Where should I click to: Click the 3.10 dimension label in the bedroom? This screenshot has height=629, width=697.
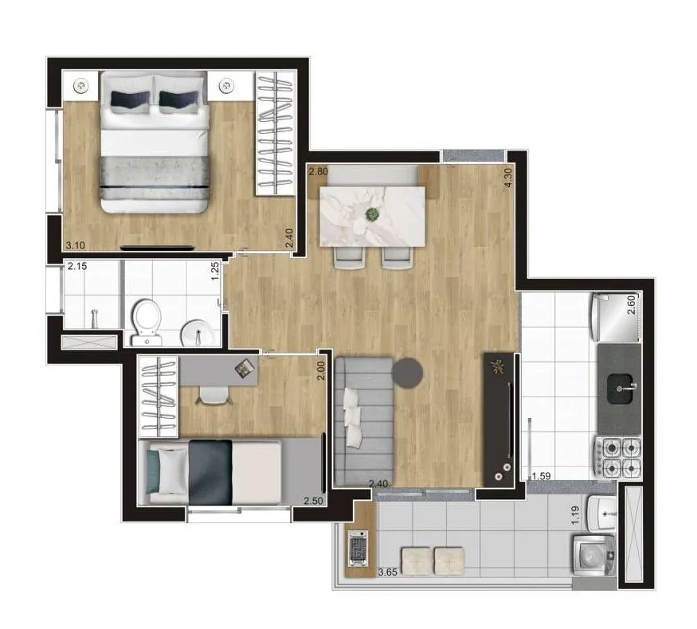tap(75, 244)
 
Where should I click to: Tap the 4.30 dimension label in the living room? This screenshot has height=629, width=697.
tap(508, 178)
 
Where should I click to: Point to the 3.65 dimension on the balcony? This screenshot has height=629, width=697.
tap(387, 572)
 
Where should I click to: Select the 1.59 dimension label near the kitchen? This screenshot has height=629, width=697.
tap(541, 476)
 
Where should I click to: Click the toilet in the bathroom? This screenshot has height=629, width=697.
tap(147, 322)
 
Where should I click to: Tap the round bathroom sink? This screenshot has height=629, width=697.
tap(196, 332)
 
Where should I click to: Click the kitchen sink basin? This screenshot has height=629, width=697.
tap(620, 389)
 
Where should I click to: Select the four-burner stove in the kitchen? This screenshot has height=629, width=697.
tap(617, 458)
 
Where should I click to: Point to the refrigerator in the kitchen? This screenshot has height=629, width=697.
tap(616, 317)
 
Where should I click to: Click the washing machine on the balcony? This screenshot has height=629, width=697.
tap(593, 555)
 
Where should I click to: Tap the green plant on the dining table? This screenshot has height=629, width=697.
tap(372, 215)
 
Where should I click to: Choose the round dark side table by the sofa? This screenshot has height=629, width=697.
tap(408, 373)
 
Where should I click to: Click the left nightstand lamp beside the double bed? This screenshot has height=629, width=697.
tap(80, 85)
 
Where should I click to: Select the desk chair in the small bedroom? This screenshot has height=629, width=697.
tap(214, 395)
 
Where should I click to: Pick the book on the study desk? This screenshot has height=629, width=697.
tap(245, 369)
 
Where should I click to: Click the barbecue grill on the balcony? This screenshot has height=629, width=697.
tap(358, 548)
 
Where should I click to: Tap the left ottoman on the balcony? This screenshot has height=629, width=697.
tap(416, 561)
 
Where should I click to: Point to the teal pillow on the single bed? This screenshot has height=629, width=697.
tap(153, 471)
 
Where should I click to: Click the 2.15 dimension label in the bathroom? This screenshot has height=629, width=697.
tap(77, 267)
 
